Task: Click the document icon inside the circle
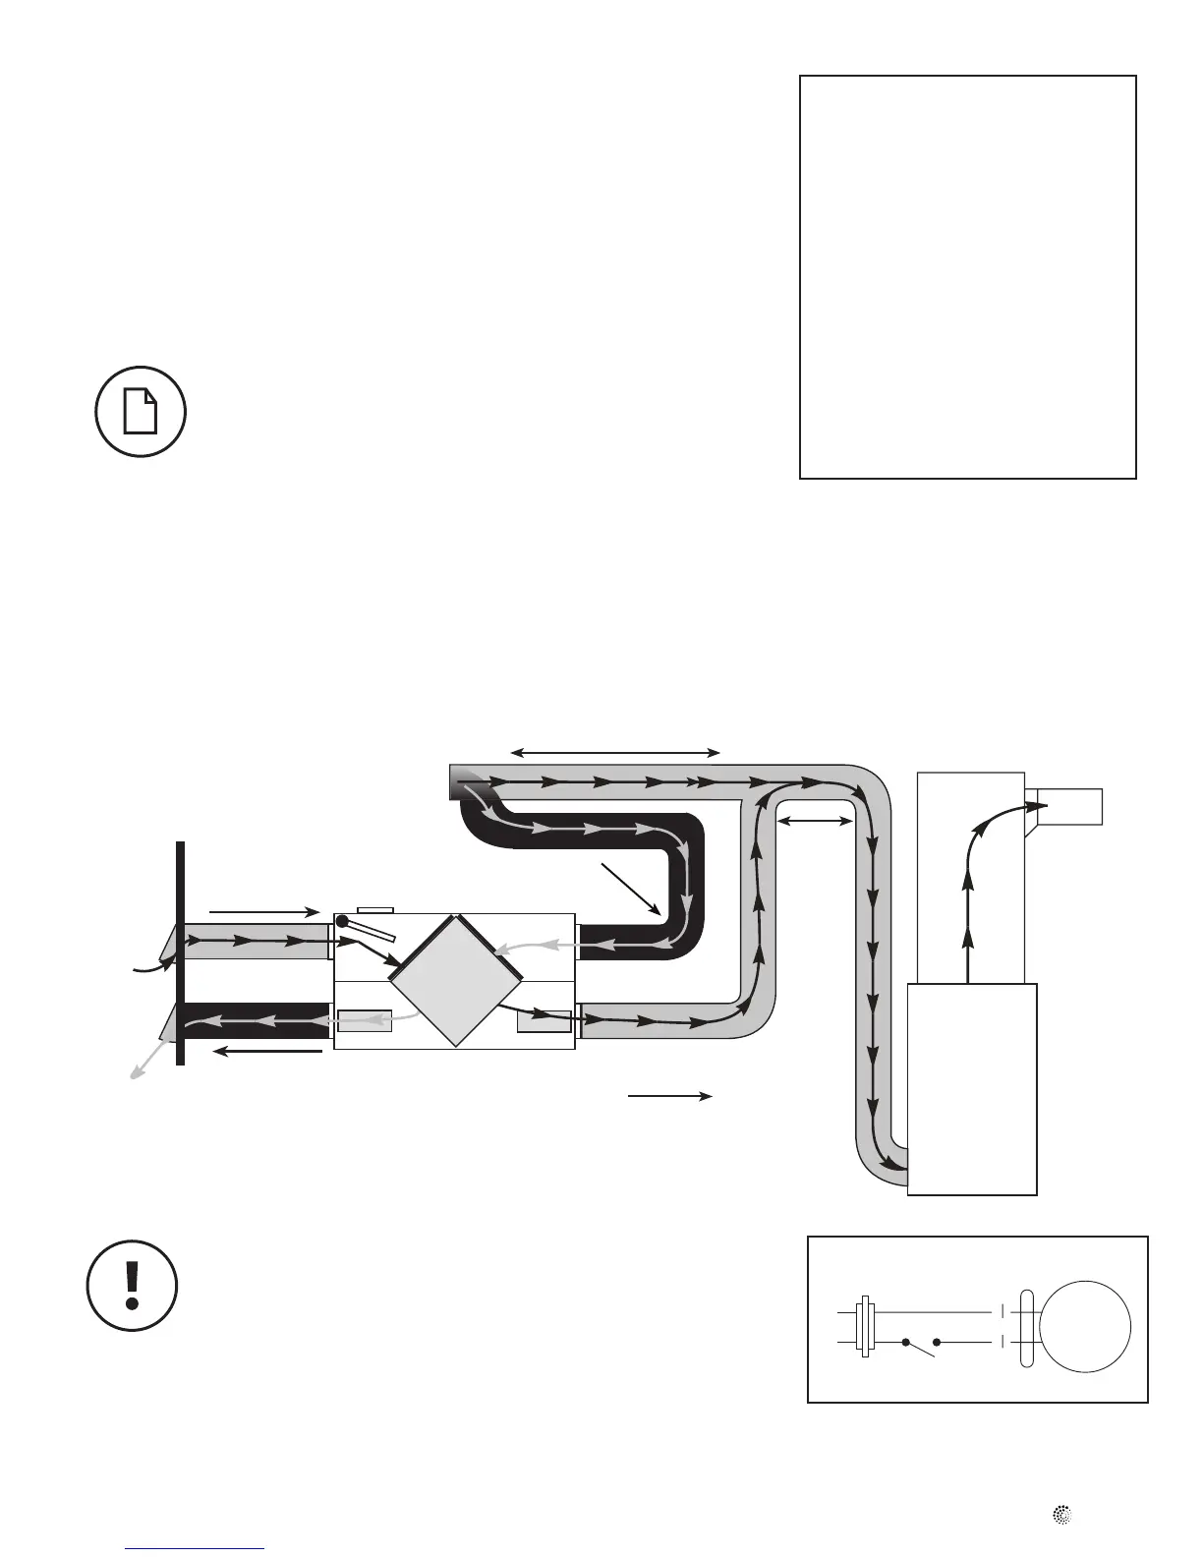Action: pyautogui.click(x=142, y=412)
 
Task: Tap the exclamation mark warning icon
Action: pyautogui.click(x=133, y=1286)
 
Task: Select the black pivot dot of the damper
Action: pyautogui.click(x=342, y=921)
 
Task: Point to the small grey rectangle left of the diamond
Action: pyautogui.click(x=365, y=1021)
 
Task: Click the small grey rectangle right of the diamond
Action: pyautogui.click(x=544, y=1021)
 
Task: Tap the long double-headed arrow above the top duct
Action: pyautogui.click(x=615, y=753)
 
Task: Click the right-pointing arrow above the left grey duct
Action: pyautogui.click(x=264, y=912)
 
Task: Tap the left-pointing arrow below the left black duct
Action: pyautogui.click(x=268, y=1052)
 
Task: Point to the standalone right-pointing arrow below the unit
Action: pyautogui.click(x=670, y=1095)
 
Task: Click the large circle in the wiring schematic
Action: pyautogui.click(x=1085, y=1326)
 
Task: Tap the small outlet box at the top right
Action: pyautogui.click(x=1071, y=806)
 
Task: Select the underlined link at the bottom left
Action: pyautogui.click(x=196, y=1548)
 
